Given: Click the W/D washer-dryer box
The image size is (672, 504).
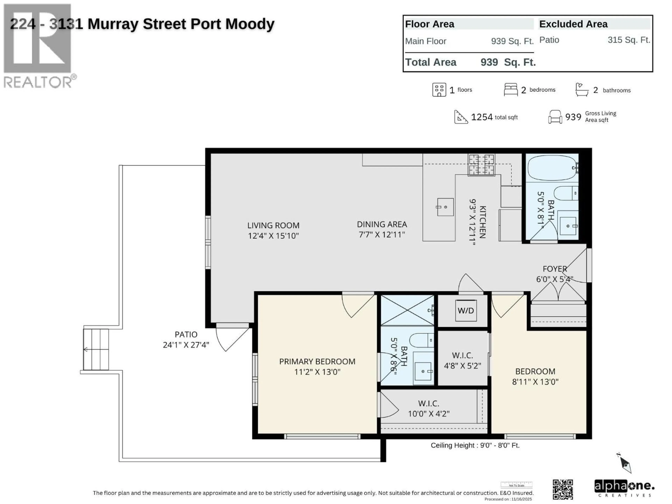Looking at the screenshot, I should coord(466,310).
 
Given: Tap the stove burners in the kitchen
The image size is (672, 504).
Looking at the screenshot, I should coord(482,165).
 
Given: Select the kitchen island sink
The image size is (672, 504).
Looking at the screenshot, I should coord(445,207).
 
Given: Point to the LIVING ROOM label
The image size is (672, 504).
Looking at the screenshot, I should coord(273,225).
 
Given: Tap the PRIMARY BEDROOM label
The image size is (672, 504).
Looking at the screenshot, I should coord(317,362).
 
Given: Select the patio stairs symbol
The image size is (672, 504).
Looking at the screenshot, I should coord(96,349).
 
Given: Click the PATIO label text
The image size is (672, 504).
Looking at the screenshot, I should coord(186,334).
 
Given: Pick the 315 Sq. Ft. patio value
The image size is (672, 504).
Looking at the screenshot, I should coord(629,40).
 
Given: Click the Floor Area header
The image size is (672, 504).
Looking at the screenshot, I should coord(430,24).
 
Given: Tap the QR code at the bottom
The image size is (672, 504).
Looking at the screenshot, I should coord(563,489).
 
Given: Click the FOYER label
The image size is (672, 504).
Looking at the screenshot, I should coord(555,269).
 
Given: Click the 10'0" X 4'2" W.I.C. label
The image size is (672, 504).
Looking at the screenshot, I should coord(429,414).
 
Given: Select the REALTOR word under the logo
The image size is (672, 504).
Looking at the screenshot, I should coord(38,82).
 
